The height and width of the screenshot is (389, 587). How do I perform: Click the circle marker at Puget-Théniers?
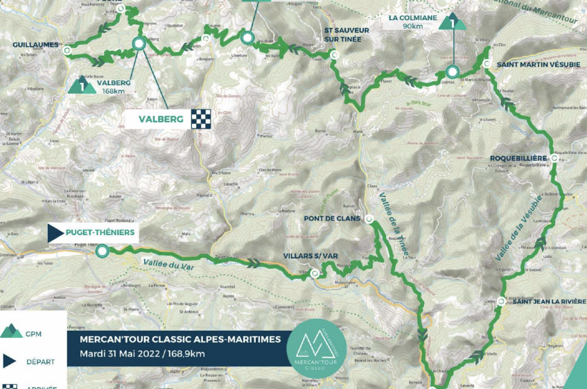pos(102,251)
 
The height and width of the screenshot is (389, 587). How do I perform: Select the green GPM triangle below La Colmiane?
pos(453,21)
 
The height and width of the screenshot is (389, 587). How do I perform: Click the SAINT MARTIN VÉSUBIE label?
pos(531,64)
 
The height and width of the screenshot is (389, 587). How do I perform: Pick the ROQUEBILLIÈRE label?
pos(517,158)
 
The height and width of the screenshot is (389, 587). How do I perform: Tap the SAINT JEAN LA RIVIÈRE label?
pos(546,301)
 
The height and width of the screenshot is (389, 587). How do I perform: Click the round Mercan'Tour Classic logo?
pos(316,347)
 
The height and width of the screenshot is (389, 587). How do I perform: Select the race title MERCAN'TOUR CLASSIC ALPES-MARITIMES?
pos(179,339)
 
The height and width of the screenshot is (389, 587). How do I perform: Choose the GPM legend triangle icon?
pos(10,332)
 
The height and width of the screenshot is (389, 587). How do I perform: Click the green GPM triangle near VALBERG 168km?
pos(82,86)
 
